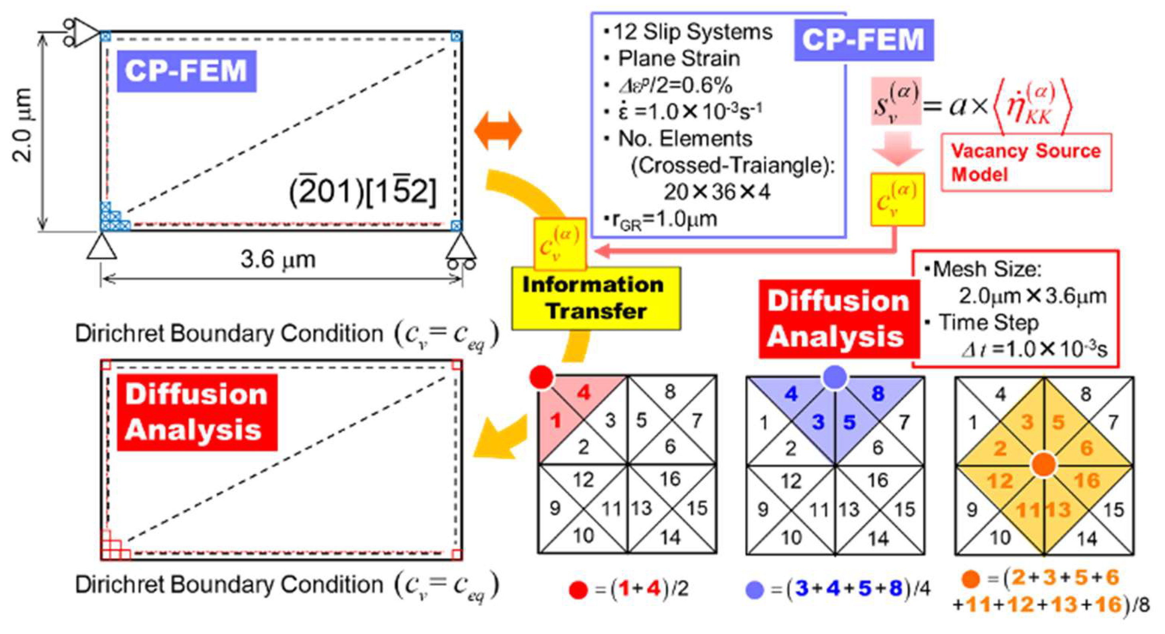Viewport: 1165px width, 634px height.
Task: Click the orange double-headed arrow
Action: pyautogui.click(x=498, y=131)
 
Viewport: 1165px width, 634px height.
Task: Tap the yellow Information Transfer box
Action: pyautogui.click(x=596, y=298)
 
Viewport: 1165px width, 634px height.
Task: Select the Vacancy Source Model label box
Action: pyautogui.click(x=1026, y=162)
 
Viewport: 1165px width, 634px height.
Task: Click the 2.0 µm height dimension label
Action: pyautogui.click(x=23, y=125)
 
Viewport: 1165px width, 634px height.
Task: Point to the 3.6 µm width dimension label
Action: pyautogui.click(x=278, y=260)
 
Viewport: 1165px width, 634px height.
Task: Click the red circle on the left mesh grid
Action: pyautogui.click(x=542, y=376)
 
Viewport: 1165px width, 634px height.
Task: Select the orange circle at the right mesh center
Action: pyautogui.click(x=1044, y=465)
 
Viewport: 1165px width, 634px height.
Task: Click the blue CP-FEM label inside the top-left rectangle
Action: pyautogui.click(x=186, y=71)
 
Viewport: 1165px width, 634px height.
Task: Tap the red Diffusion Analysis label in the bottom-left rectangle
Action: pyautogui.click(x=197, y=412)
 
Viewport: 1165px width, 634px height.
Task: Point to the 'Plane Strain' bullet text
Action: pyautogui.click(x=678, y=59)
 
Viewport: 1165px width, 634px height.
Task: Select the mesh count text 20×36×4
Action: pyautogui.click(x=717, y=192)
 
